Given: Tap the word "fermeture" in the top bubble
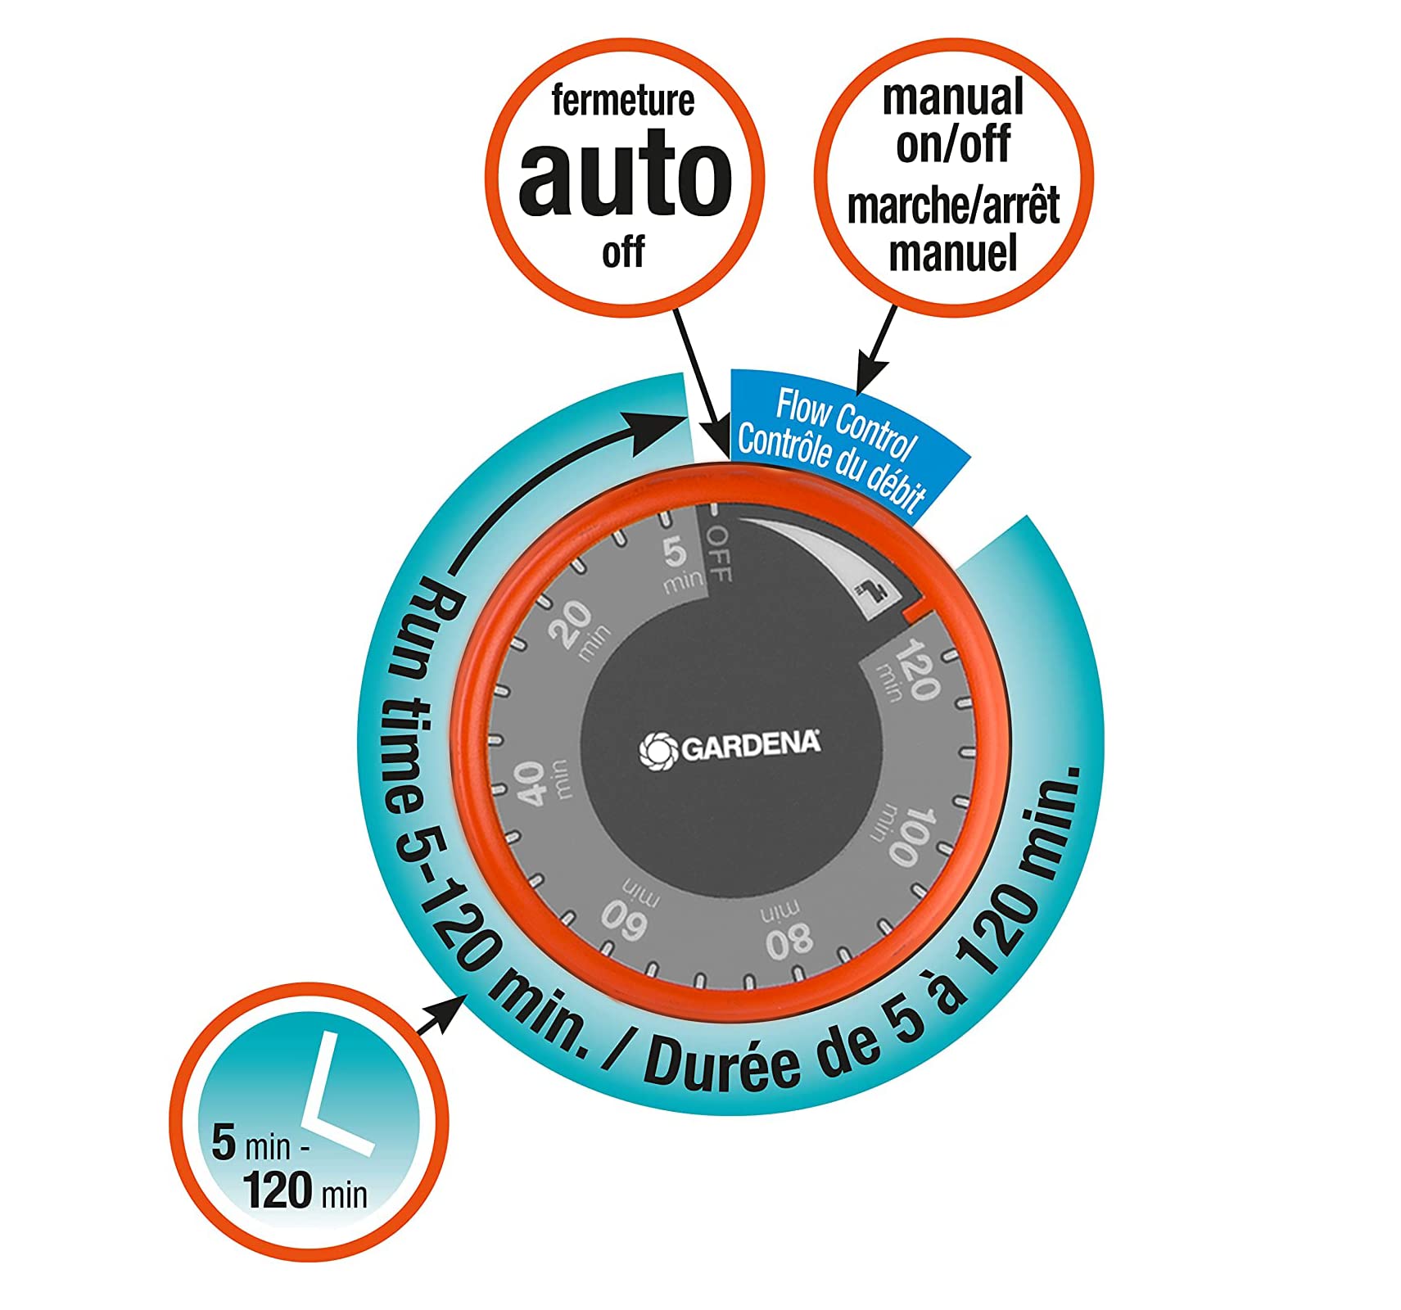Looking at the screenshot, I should [623, 101].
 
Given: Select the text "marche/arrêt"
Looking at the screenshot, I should [953, 206].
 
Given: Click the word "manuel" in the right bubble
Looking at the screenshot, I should [953, 253].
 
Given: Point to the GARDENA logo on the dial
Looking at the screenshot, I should [730, 747].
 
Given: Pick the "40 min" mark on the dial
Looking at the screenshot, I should [540, 782].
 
